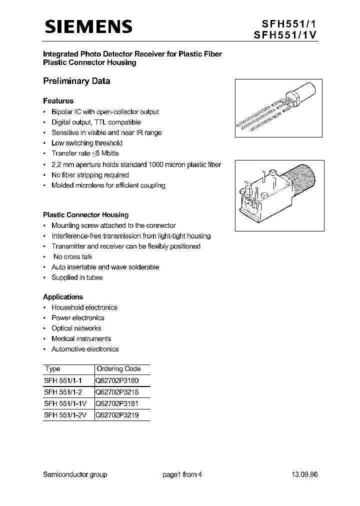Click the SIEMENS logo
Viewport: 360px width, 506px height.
point(88,27)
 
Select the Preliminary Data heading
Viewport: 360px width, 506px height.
point(76,81)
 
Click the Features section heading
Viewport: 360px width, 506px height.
point(58,101)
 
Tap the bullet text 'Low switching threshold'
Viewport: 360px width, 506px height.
point(87,143)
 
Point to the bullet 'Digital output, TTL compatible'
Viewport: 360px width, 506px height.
point(96,122)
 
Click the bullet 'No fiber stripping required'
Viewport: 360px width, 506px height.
point(90,175)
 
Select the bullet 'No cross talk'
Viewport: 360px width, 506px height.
point(73,256)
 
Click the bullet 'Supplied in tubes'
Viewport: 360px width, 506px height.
point(77,277)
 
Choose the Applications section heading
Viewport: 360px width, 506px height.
point(63,297)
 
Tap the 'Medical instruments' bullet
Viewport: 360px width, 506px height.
point(81,338)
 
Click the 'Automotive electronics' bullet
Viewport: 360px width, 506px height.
point(85,349)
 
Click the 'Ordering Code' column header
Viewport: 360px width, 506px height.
point(118,369)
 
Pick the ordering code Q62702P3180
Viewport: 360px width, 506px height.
point(118,380)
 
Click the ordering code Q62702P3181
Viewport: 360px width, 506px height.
point(118,403)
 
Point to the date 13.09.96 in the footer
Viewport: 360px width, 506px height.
point(304,474)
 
